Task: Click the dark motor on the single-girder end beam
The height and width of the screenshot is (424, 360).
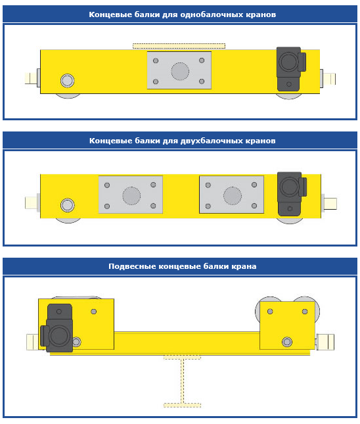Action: coord(291,69)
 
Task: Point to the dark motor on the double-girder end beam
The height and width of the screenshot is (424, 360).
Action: coord(292,194)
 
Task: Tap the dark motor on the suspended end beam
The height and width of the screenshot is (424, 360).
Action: coord(56,328)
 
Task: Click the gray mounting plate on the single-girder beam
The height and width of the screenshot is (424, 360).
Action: coord(179,70)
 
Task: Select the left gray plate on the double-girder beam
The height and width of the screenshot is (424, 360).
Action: coord(131,195)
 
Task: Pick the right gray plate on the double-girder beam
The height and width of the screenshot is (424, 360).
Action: coord(232,195)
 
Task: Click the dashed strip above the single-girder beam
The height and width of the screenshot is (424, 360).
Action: coord(179,46)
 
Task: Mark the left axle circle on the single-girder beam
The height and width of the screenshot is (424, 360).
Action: coord(67,81)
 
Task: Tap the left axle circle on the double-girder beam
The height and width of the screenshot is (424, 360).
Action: coord(67,205)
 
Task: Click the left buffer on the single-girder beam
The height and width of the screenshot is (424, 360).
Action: coord(31,78)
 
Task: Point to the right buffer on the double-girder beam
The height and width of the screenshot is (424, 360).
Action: coord(330,204)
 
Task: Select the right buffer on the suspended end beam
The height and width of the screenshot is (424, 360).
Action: coord(325,342)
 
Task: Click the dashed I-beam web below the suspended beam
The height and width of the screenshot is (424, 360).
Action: coord(183,381)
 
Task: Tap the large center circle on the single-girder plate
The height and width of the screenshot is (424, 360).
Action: coord(180,71)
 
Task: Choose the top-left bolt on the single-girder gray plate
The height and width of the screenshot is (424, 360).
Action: coord(156,60)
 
